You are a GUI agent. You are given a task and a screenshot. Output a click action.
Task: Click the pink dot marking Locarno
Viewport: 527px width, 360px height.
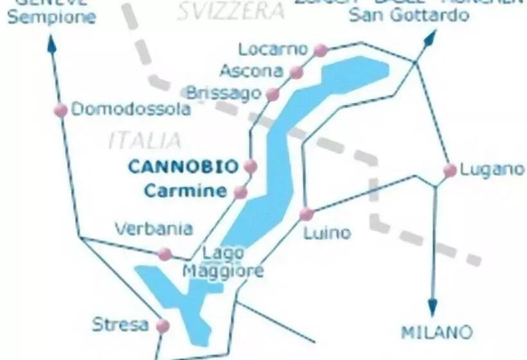(x=320, y=50)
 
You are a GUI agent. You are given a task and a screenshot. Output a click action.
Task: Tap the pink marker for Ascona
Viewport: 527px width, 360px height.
(x=296, y=72)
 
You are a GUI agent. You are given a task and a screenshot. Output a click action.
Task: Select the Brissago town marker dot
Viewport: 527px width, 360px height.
(x=272, y=94)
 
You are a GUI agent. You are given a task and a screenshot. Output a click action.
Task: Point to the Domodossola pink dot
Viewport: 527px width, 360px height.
(x=61, y=110)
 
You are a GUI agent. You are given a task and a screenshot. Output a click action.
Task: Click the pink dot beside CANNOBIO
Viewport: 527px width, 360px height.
(x=251, y=166)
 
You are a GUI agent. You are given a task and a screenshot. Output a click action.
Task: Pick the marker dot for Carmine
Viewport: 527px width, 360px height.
(x=240, y=192)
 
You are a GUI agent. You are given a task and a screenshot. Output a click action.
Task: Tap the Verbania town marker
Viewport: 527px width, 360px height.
(x=165, y=254)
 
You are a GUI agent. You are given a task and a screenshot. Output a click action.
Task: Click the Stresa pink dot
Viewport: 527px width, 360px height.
(x=162, y=325)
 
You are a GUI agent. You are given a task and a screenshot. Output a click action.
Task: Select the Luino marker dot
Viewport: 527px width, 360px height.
(x=307, y=213)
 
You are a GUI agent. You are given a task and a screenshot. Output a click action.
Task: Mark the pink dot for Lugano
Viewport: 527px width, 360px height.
(x=450, y=170)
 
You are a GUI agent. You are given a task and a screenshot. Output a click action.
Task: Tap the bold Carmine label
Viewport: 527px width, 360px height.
(x=185, y=191)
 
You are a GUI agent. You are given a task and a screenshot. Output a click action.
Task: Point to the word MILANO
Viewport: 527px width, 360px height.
(x=436, y=333)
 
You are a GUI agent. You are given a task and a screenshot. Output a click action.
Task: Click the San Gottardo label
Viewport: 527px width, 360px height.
(x=409, y=15)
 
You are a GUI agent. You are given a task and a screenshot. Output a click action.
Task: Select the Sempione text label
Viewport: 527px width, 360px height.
(x=51, y=17)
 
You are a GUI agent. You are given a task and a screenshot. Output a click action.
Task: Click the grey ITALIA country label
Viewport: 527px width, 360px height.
(x=145, y=139)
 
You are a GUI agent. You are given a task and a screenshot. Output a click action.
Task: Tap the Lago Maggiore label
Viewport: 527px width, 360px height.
(x=223, y=262)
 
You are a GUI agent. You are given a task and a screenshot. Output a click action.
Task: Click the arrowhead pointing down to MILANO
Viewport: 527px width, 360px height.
(x=433, y=307)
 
